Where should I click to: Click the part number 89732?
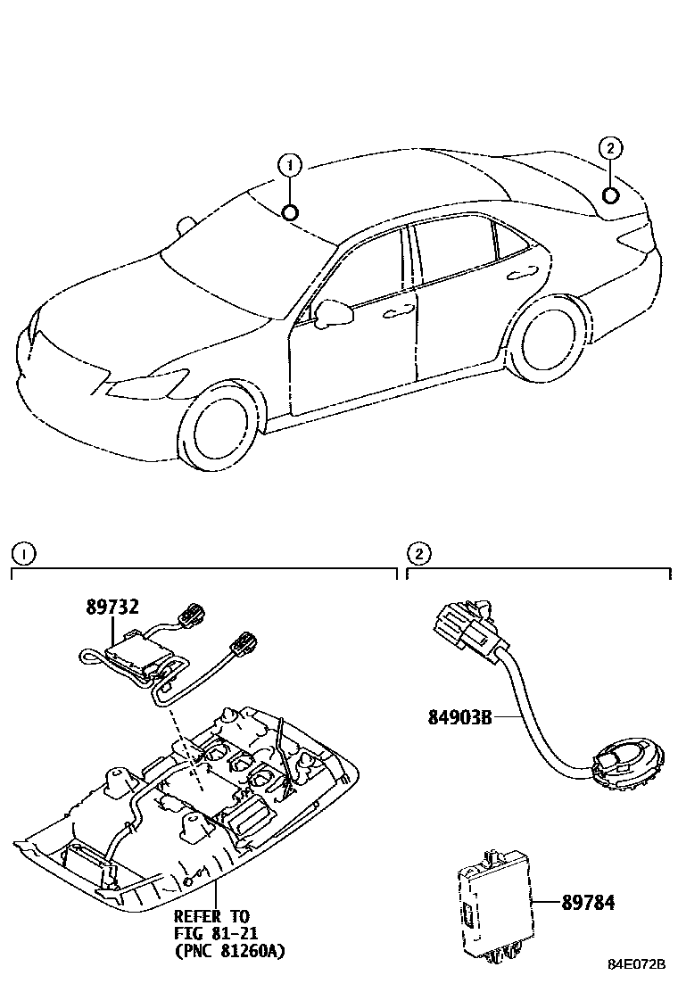[x=112, y=607]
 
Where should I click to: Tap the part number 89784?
[x=589, y=903]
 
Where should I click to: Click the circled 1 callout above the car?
[x=289, y=165]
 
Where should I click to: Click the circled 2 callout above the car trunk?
[x=610, y=148]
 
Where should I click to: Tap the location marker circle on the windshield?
[x=289, y=211]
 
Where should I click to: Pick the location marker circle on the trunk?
[x=611, y=196]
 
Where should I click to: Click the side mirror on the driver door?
[x=330, y=311]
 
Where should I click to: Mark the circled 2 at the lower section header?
[x=417, y=553]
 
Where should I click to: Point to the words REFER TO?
[x=211, y=916]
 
